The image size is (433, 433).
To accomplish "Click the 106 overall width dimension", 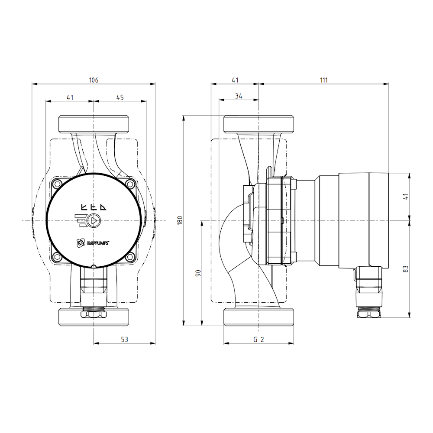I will [94, 80].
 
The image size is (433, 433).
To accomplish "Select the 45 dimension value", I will [120, 98].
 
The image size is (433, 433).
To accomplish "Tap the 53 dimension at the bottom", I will [124, 339].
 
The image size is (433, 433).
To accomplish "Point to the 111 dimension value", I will [324, 80].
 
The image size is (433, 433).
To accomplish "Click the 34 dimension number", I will [238, 96].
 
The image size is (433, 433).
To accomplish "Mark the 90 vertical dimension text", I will [198, 273].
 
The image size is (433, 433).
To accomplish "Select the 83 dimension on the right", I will [405, 268].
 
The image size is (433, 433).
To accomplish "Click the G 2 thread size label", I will [259, 340].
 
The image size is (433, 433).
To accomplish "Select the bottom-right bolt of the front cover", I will [130, 258].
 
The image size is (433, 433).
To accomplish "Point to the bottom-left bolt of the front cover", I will [57, 258].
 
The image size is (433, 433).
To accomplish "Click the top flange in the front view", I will [94, 124].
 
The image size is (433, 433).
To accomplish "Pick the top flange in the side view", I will [259, 124].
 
